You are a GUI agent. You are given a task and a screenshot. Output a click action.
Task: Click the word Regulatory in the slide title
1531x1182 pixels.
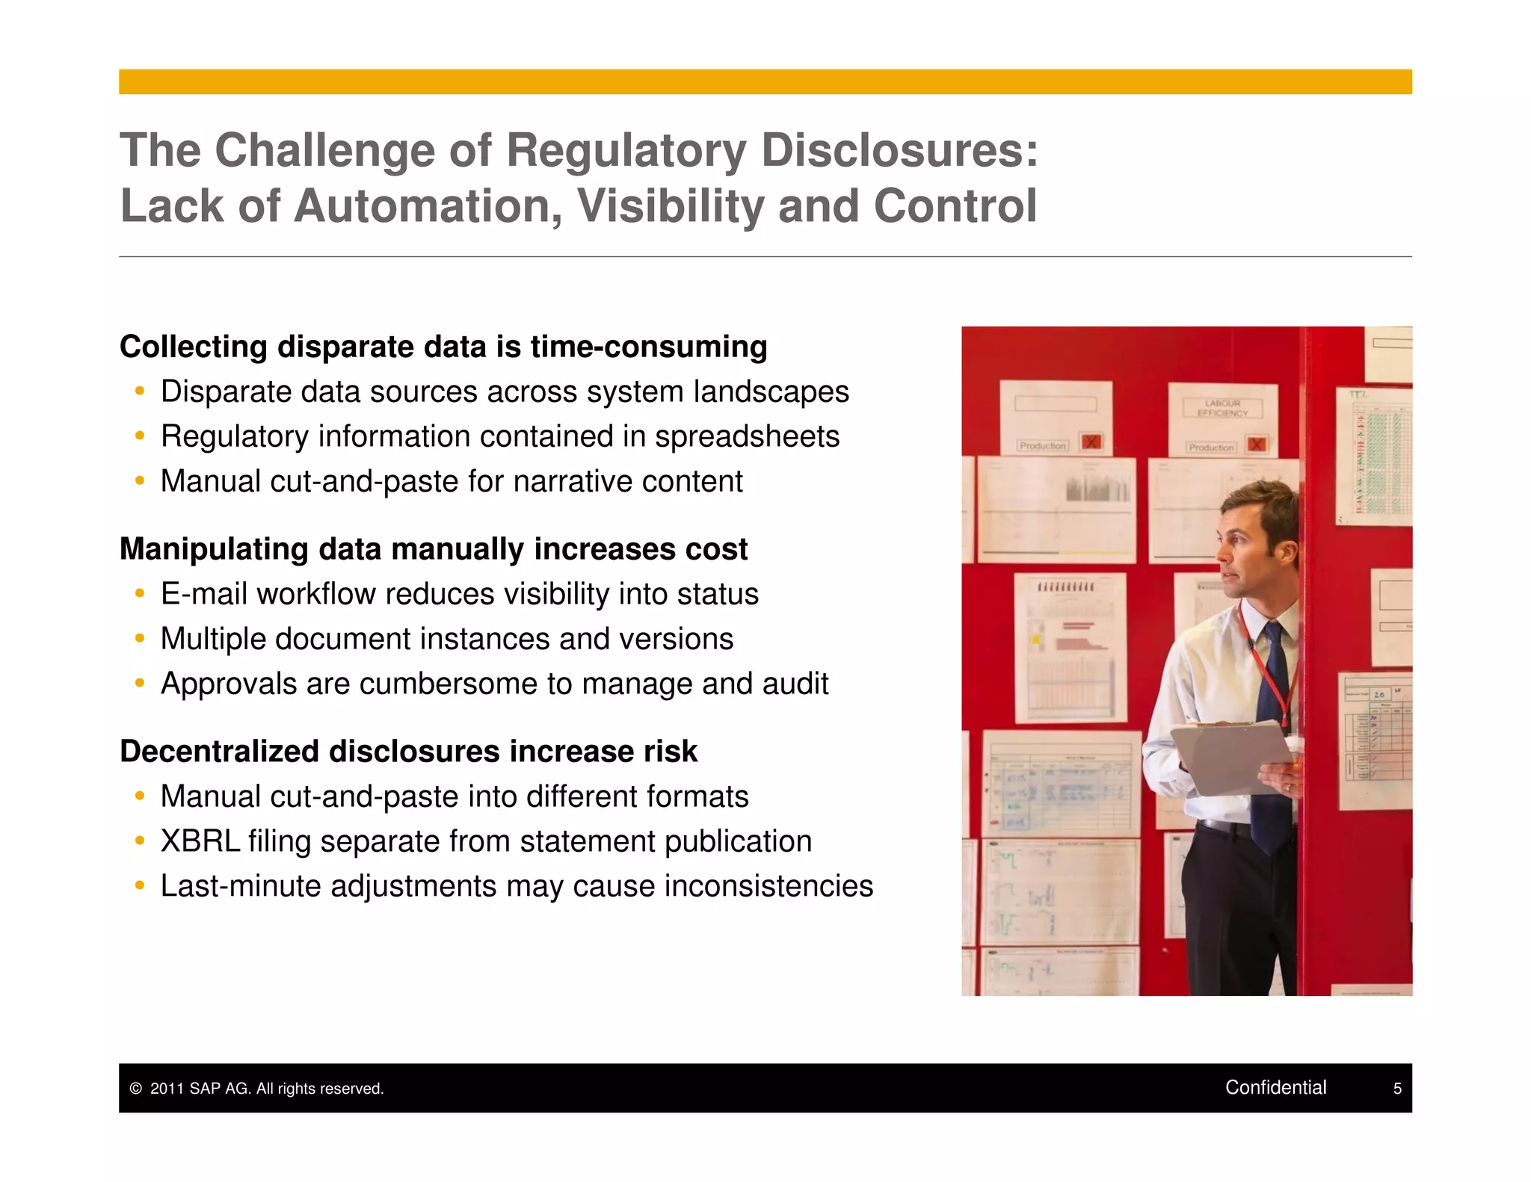[x=626, y=151]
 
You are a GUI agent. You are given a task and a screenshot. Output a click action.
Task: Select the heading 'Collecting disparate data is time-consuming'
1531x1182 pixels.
[x=443, y=347]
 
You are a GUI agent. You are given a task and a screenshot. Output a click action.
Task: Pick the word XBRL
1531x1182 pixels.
[x=200, y=841]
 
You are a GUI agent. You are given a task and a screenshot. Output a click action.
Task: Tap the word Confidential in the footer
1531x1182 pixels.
[x=1275, y=1087]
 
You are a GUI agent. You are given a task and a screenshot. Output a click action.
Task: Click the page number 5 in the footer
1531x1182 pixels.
[x=1397, y=1089]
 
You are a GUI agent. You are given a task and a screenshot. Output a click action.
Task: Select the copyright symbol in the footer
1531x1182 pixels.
[x=135, y=1089]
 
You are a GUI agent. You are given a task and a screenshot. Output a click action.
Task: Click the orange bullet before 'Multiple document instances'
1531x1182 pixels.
[x=139, y=639]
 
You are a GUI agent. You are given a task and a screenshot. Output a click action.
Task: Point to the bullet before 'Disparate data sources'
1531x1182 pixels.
[x=139, y=392]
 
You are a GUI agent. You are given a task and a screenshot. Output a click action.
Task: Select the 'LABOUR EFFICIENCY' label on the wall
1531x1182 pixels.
[x=1222, y=408]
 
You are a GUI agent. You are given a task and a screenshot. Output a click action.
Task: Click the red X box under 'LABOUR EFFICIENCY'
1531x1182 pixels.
[x=1257, y=445]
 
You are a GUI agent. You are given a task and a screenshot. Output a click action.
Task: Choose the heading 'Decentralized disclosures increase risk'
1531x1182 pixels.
[x=408, y=752]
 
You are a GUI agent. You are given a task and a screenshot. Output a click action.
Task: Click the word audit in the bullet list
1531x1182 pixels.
[x=795, y=684]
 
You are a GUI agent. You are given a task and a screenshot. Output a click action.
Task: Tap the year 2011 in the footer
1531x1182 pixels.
[x=166, y=1089]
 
